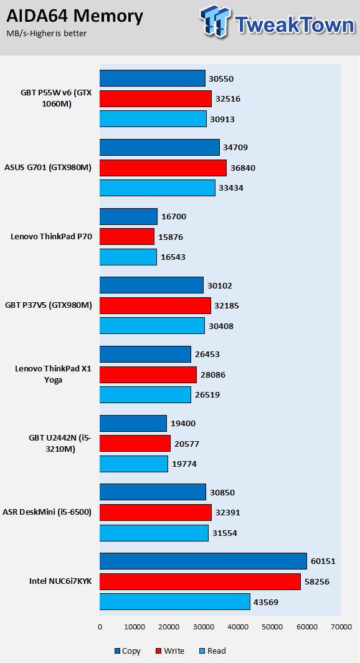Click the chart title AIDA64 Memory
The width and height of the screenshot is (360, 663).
tap(75, 17)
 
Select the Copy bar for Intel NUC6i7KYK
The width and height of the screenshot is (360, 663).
tap(203, 561)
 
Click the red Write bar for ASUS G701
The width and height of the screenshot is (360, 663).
tap(163, 168)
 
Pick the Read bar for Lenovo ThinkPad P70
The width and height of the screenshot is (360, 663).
tap(128, 257)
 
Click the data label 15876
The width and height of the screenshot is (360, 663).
tap(171, 236)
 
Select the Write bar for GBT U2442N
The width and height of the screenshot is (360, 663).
tap(135, 444)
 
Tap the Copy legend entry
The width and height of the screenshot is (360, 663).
tap(127, 651)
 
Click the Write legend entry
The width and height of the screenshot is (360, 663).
tap(170, 651)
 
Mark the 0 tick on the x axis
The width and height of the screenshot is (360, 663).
tap(100, 627)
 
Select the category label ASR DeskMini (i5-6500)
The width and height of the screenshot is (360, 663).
tap(47, 512)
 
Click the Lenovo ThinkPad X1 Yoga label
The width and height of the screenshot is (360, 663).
tap(53, 374)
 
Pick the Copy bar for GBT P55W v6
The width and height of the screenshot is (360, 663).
tap(153, 79)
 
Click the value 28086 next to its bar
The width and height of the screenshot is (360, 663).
tap(214, 374)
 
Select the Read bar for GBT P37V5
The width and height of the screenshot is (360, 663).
tap(152, 326)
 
